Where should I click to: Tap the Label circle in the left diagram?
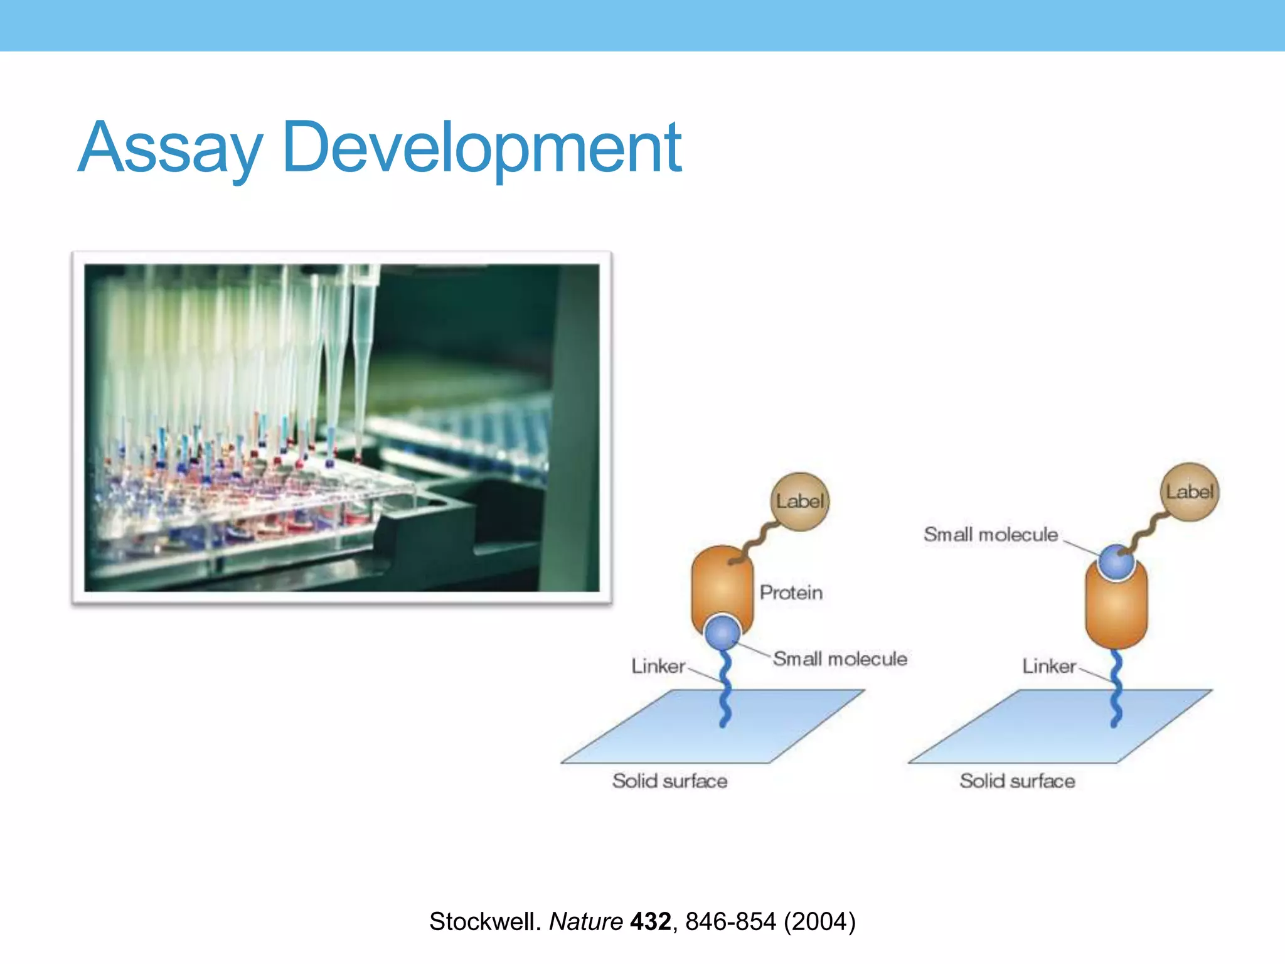click(x=799, y=501)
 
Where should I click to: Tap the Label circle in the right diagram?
click(x=1190, y=491)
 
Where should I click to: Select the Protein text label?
click(x=791, y=592)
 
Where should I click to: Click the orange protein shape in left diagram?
click(x=722, y=584)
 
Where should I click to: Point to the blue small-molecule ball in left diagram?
click(x=723, y=633)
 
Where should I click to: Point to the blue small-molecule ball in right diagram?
click(x=1117, y=562)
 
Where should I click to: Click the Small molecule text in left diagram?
click(x=840, y=658)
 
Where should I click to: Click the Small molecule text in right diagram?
click(x=990, y=535)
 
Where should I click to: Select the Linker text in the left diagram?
click(x=658, y=666)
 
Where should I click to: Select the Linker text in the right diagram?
click(x=1049, y=666)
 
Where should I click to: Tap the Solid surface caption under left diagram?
click(x=669, y=781)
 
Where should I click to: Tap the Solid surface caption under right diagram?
click(x=1017, y=781)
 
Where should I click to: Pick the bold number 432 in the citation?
click(x=650, y=921)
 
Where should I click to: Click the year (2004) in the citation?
click(x=819, y=921)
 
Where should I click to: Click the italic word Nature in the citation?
click(x=586, y=921)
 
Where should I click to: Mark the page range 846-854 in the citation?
click(x=730, y=921)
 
